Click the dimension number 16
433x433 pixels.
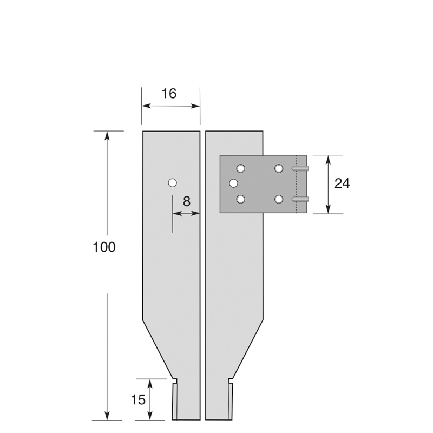pos(169,94)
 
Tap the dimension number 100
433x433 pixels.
pos(104,247)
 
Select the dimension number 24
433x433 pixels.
pos(342,183)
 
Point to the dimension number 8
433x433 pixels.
pos(187,201)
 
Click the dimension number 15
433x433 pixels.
pos(138,399)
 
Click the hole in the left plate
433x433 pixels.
pos(172,183)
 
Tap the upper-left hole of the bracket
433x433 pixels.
pos(240,168)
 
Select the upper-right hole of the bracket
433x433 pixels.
pos(279,168)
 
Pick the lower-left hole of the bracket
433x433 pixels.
pos(241,199)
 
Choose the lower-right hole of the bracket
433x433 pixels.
pos(279,199)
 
